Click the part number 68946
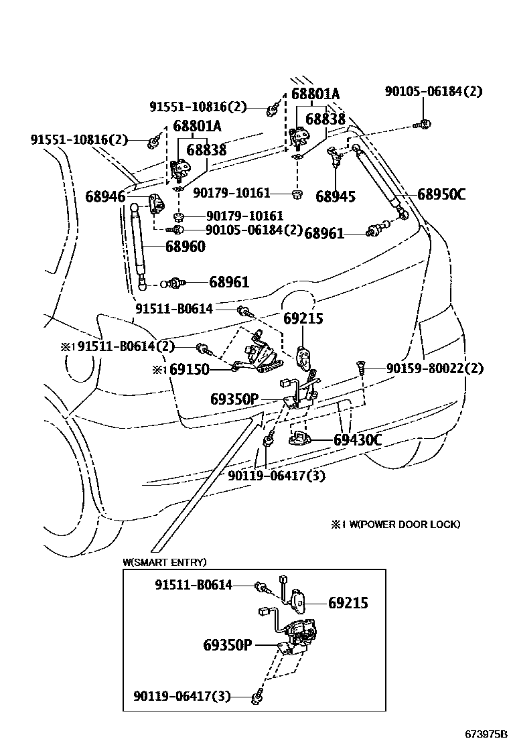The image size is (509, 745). (106, 196)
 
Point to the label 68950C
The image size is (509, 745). (441, 195)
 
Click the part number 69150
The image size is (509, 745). (190, 369)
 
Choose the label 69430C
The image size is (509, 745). (358, 440)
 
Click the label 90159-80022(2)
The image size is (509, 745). (435, 368)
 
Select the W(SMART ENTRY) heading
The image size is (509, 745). (165, 561)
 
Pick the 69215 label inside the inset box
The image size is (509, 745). (348, 603)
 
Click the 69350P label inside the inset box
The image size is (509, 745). (227, 645)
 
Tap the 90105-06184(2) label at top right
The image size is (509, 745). (433, 91)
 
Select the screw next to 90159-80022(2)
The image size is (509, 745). (361, 367)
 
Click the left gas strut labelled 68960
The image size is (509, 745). (140, 245)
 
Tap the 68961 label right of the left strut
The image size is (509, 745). (229, 282)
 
